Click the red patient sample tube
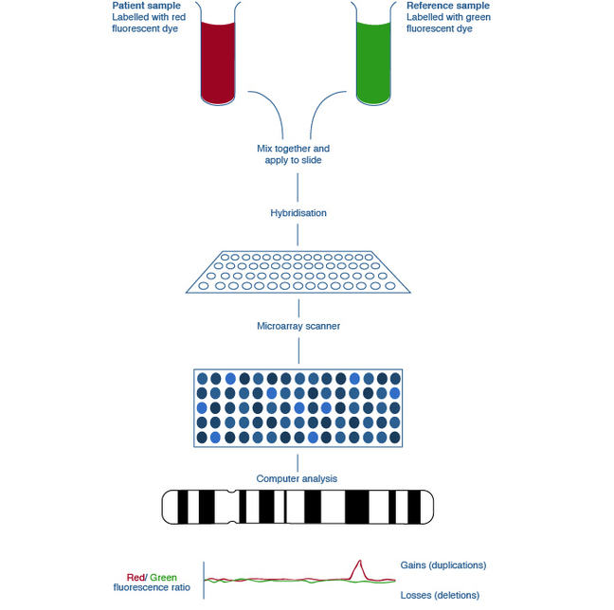[224, 62]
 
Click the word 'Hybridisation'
[298, 213]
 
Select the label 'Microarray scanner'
[298, 326]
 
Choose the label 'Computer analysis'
[298, 478]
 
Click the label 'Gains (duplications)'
[443, 565]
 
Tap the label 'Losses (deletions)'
[440, 595]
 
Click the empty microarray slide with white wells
[298, 271]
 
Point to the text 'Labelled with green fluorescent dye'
[440, 24]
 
